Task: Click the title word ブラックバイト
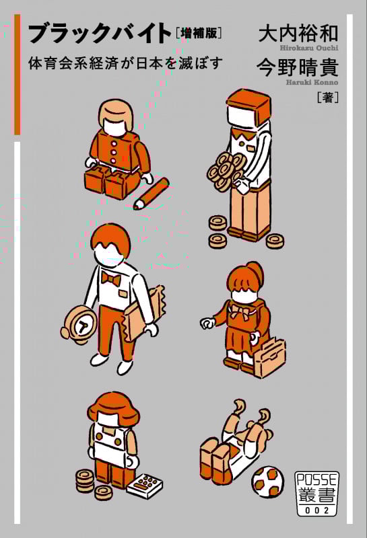point(100,33)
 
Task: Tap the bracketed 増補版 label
point(198,33)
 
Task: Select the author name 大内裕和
point(298,33)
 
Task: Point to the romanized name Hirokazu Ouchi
point(309,48)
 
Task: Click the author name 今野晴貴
point(298,67)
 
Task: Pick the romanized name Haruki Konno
point(312,82)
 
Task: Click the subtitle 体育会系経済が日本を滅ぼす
point(126,63)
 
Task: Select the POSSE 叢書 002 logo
point(316,494)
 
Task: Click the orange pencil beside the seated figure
point(152,193)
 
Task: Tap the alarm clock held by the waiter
point(79,324)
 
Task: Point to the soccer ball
point(268,482)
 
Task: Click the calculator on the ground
point(145,485)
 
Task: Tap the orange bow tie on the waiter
point(111,279)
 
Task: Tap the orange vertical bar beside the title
point(18,75)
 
